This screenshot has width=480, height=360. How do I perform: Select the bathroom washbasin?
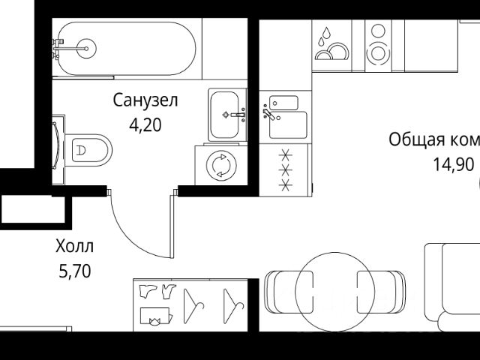[225, 115]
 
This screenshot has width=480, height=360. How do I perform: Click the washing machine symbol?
[221, 164]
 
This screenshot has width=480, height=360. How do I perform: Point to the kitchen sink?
[286, 116]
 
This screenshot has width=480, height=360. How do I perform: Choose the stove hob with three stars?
[285, 170]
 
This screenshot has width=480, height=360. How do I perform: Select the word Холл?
[75, 246]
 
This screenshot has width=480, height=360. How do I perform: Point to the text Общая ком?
[433, 139]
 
